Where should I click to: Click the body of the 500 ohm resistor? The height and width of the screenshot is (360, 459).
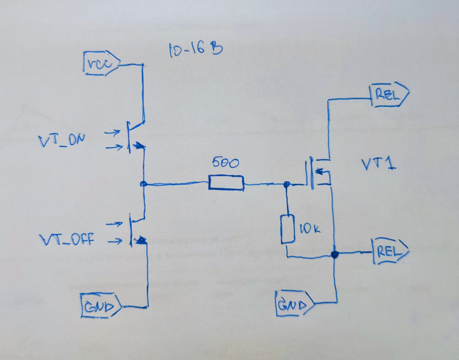[x=226, y=183]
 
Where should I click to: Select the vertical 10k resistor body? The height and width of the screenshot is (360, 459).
[x=287, y=229]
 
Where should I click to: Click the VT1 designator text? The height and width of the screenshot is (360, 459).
[x=378, y=165]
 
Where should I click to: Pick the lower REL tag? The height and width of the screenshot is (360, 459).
[x=390, y=249]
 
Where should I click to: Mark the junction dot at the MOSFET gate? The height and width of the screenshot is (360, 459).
[x=287, y=184]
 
